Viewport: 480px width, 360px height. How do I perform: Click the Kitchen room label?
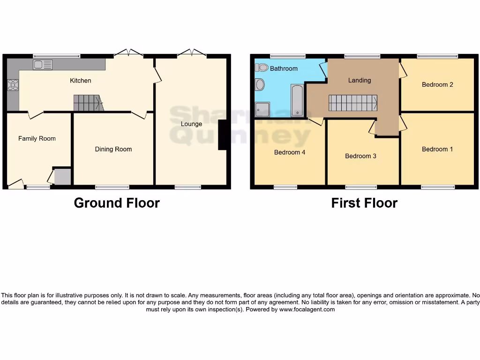[81, 81]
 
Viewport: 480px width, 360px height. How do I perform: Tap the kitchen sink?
[43, 65]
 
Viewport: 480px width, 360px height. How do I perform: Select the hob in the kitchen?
[13, 85]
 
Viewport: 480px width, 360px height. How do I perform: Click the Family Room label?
[37, 138]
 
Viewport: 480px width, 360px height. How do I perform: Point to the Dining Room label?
[113, 149]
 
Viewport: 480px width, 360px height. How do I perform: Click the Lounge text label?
[191, 124]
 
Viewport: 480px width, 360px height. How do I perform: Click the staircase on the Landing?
[352, 103]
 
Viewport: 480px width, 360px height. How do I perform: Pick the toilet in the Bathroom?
[261, 67]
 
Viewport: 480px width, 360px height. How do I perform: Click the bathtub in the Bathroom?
[297, 100]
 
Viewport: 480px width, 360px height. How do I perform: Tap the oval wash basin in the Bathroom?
[260, 85]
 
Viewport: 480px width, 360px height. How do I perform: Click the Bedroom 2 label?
[437, 85]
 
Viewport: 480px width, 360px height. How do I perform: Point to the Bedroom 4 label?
[290, 152]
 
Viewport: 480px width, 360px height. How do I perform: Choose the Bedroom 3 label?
[360, 156]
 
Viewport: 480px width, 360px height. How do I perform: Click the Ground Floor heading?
[117, 203]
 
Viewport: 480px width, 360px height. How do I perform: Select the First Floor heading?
[364, 203]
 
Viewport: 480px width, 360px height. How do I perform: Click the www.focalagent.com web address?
[307, 309]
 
